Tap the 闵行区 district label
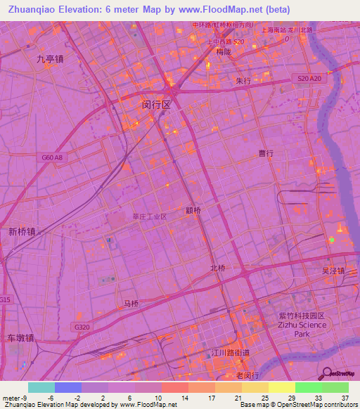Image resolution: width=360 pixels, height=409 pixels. pyautogui.click(x=156, y=104)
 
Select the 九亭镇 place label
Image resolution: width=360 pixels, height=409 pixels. pyautogui.click(x=51, y=60)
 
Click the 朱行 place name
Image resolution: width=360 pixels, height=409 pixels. pyautogui.click(x=243, y=81)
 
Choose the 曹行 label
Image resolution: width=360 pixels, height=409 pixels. pyautogui.click(x=266, y=152)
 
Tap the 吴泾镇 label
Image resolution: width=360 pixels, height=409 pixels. pyautogui.click(x=333, y=271)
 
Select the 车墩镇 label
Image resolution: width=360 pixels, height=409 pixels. pyautogui.click(x=20, y=337)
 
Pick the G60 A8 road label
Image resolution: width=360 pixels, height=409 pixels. pyautogui.click(x=51, y=158)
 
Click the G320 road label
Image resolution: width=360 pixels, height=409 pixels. pyautogui.click(x=81, y=327)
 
